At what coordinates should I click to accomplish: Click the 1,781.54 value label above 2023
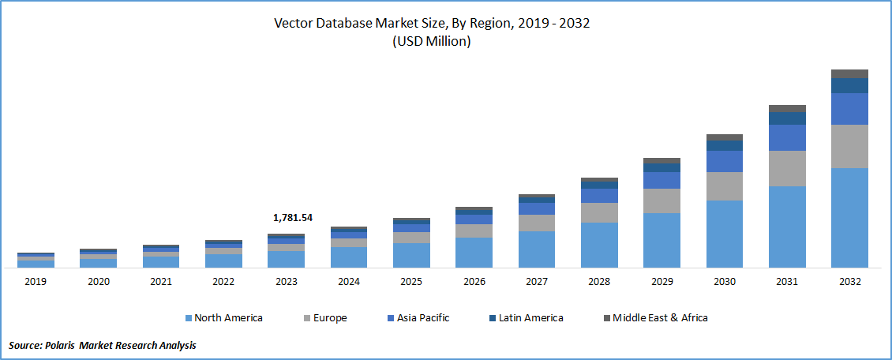tap(292, 217)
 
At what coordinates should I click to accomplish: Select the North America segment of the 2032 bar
tap(849, 217)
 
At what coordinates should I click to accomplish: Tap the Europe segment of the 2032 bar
tap(849, 146)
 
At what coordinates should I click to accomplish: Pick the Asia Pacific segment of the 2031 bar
tap(787, 137)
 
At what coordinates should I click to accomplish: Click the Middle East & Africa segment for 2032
tap(849, 73)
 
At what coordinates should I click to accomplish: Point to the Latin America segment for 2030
tap(725, 145)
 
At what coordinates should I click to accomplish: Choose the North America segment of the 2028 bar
tap(599, 245)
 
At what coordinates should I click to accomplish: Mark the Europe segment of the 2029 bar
tap(662, 201)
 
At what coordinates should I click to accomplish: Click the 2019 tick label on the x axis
tap(36, 282)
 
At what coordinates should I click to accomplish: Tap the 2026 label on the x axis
tap(474, 282)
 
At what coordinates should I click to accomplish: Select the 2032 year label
tap(849, 282)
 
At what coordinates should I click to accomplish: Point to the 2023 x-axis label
tap(286, 282)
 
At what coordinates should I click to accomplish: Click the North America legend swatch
tap(189, 318)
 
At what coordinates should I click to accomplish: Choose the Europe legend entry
tap(328, 318)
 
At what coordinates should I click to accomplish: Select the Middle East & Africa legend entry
tap(660, 318)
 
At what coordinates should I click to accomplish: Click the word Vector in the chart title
tap(293, 23)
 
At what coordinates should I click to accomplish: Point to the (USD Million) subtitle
tap(432, 42)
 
